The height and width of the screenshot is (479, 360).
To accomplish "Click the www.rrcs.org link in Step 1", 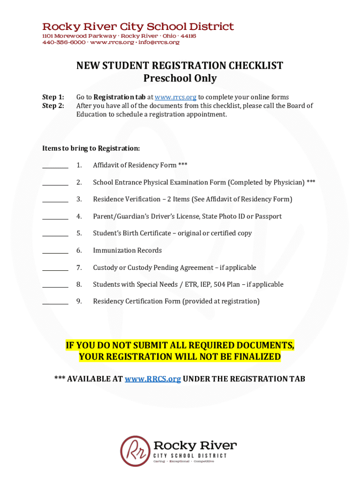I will (x=175, y=97).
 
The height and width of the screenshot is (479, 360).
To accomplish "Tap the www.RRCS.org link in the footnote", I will (x=152, y=379).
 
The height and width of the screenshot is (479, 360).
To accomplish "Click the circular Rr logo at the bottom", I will (x=135, y=451).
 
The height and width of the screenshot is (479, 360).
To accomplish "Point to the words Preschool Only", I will (x=180, y=78).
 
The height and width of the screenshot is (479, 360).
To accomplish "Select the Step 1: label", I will (x=53, y=97).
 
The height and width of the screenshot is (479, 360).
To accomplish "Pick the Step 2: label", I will (x=53, y=106).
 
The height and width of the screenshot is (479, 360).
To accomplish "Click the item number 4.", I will (x=79, y=216).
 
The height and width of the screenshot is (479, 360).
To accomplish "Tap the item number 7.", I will (x=79, y=268).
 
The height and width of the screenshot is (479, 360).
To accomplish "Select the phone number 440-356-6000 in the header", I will (x=64, y=42).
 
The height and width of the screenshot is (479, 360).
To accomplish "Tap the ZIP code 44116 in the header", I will (x=188, y=36).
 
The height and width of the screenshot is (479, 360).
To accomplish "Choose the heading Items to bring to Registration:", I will (x=91, y=148).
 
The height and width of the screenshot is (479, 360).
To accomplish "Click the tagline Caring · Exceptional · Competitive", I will (x=184, y=461).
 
